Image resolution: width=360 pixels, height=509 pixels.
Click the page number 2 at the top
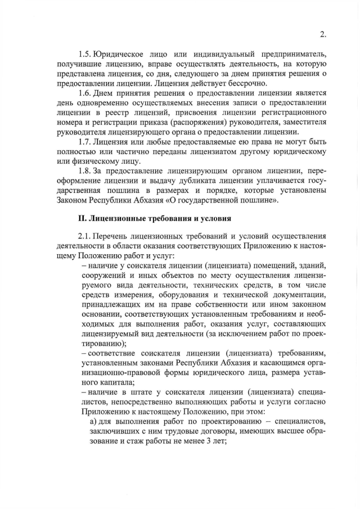pyautogui.click(x=323, y=34)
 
